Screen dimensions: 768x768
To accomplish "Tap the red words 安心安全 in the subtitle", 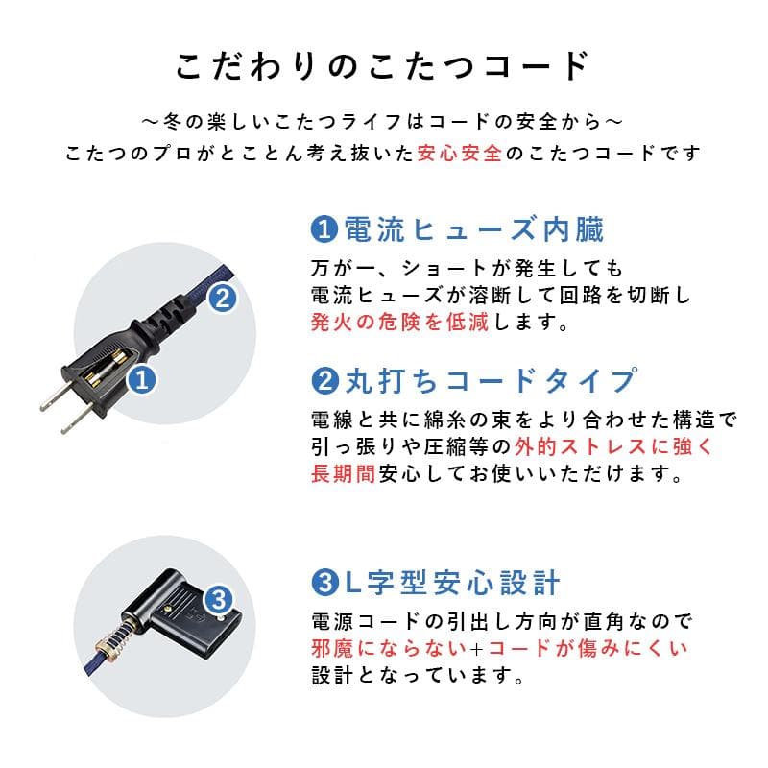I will [x=460, y=153].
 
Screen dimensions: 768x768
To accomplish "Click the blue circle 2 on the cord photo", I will [x=221, y=299].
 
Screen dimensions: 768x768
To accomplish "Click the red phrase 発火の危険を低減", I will [x=399, y=322].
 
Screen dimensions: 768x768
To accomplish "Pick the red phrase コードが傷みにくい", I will [x=591, y=647].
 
